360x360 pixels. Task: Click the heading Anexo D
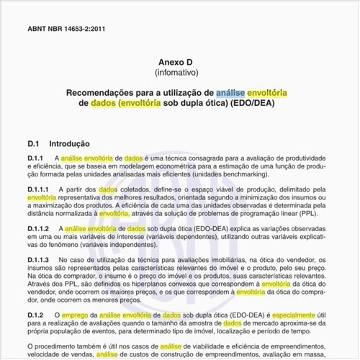[181, 62]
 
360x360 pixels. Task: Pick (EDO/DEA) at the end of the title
[251, 104]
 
